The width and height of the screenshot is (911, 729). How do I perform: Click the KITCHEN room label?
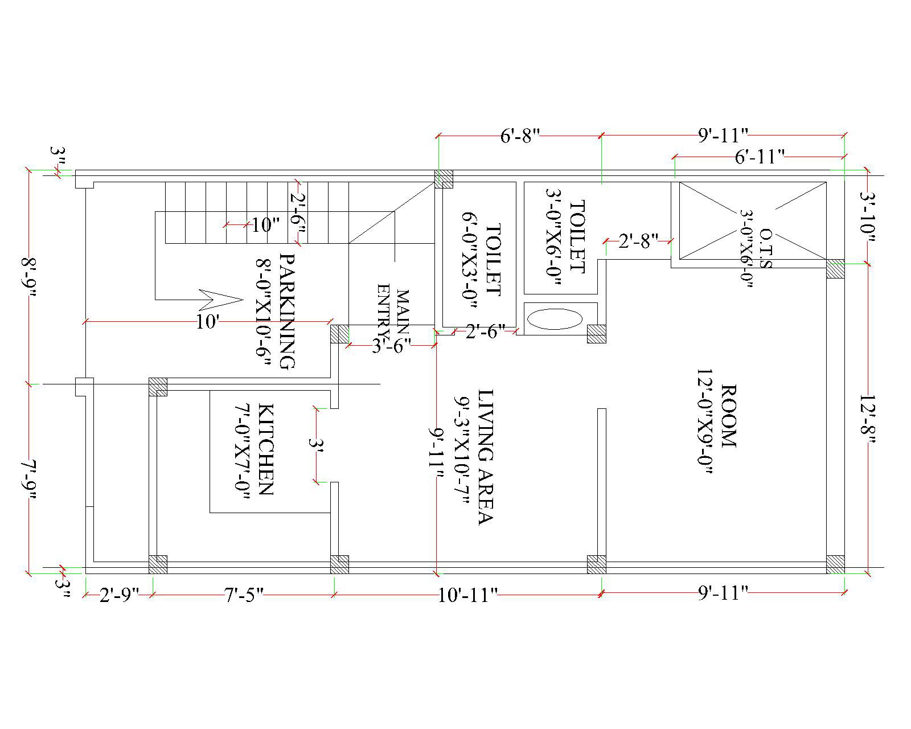(266, 449)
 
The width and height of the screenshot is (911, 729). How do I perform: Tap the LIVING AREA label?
(486, 457)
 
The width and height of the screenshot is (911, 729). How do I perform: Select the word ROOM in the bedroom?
(728, 416)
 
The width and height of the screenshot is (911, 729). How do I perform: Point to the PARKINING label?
(288, 312)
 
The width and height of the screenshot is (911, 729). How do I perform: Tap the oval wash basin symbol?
(555, 319)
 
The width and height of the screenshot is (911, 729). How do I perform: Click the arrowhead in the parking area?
(221, 300)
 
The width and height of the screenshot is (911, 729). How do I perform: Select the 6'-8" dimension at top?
(520, 136)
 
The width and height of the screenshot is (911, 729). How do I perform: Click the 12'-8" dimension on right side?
(867, 419)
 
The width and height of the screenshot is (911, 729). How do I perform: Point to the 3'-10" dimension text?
(867, 217)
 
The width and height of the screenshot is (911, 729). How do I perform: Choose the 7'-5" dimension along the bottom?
(244, 595)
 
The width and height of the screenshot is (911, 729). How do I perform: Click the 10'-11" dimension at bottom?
(467, 595)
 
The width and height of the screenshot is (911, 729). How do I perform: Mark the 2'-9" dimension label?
(120, 595)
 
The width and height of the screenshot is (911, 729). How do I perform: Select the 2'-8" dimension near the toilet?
(638, 241)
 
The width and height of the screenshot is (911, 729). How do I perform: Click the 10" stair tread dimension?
(266, 225)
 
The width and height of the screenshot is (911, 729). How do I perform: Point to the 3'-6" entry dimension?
(392, 346)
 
